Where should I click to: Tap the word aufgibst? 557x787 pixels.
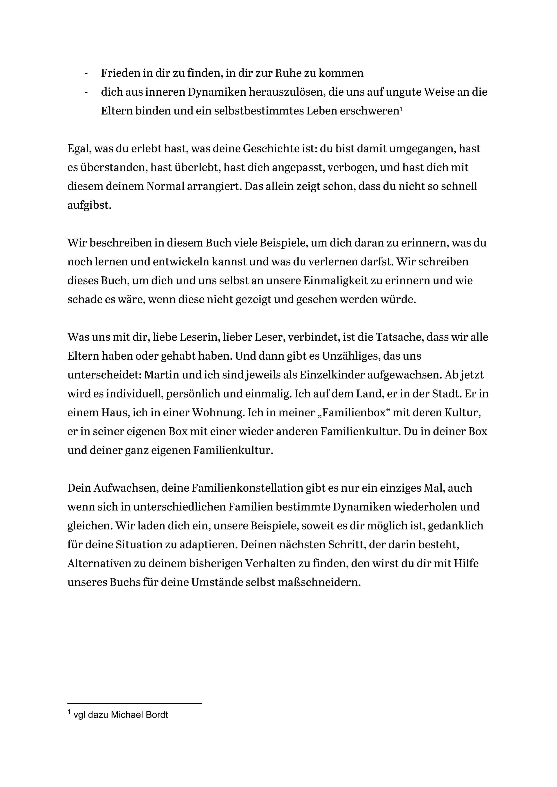89,205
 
